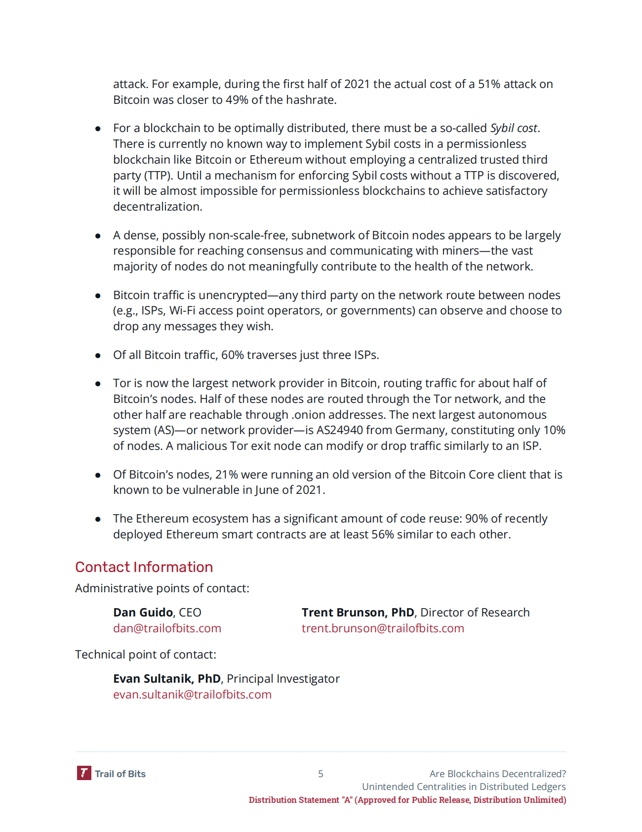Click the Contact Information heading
[144, 567]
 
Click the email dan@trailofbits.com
[167, 628]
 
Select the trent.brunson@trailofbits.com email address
[383, 628]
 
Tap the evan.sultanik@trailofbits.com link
[192, 695]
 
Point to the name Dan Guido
[143, 613]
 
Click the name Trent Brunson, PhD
[358, 613]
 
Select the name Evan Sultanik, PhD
[166, 679]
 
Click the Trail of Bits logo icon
[84, 773]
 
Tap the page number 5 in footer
[321, 774]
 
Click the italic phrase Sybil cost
[514, 128]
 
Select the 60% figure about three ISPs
[232, 355]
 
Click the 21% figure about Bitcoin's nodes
[226, 475]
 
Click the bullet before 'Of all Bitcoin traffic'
[98, 355]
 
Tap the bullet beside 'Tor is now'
[98, 384]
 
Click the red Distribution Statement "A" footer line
[407, 800]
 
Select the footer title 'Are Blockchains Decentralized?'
[497, 774]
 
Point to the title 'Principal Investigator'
[283, 679]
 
